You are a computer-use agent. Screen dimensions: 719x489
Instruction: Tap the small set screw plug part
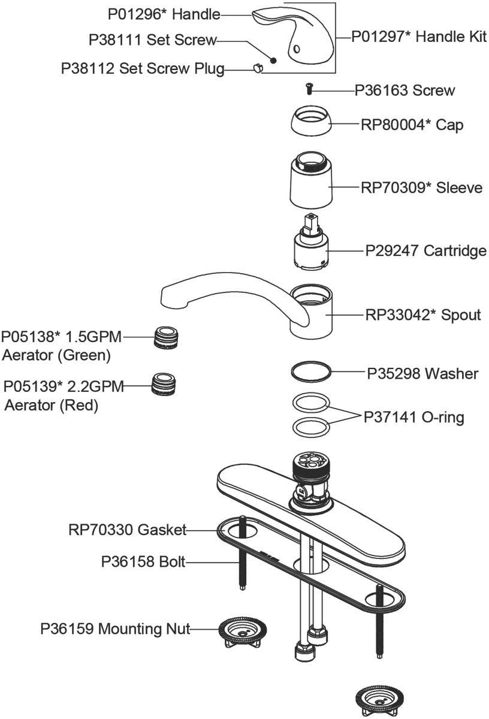click(258, 69)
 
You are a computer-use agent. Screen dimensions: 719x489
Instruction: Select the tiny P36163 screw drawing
click(309, 90)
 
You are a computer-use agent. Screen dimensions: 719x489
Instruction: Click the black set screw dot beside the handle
click(273, 59)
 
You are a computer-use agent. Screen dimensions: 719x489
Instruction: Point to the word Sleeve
click(460, 188)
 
